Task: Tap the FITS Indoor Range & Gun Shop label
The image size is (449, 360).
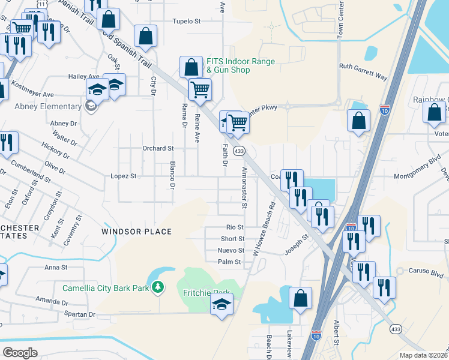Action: point(241,66)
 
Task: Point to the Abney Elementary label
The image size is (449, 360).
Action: point(48,107)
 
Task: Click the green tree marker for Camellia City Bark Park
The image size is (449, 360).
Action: point(158,288)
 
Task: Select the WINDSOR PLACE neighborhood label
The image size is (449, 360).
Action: point(136,232)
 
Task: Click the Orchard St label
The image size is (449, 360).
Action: point(157,148)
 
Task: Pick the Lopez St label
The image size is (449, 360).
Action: point(124,176)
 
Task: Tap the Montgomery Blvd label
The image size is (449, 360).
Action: point(417,176)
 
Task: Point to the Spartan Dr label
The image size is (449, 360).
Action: point(75,314)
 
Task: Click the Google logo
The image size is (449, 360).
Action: point(20,353)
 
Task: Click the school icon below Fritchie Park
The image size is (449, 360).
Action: point(221,305)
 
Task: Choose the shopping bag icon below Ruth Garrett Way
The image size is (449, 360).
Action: point(358,120)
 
